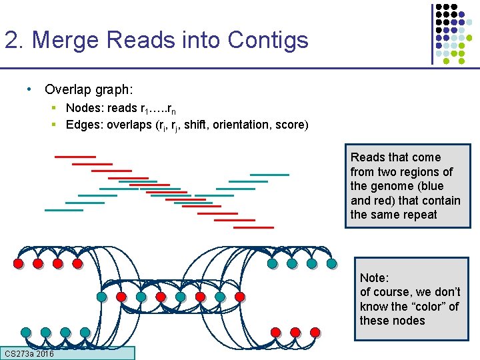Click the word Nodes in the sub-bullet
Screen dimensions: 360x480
click(x=82, y=108)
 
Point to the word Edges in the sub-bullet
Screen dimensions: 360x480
click(x=81, y=124)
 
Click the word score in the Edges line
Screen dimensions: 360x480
click(x=289, y=124)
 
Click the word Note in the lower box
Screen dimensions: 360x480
click(x=374, y=277)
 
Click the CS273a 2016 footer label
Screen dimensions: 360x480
click(x=29, y=353)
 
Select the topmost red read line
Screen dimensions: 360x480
click(x=75, y=156)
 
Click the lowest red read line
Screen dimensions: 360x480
click(x=254, y=227)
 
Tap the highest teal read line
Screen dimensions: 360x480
click(x=269, y=175)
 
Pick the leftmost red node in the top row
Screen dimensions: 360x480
click(x=18, y=264)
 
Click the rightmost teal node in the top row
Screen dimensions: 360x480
click(x=332, y=264)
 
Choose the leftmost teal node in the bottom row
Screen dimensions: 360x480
click(x=25, y=332)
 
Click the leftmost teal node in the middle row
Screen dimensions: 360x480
click(x=101, y=297)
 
